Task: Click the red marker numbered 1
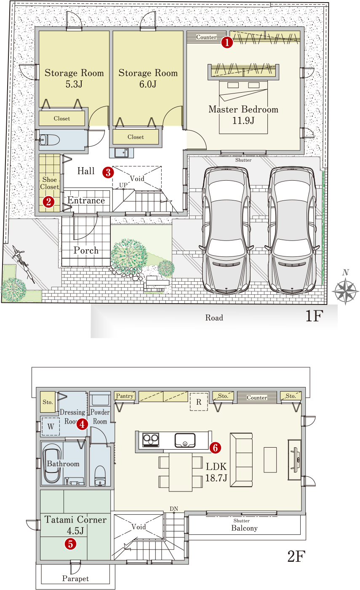click(227, 42)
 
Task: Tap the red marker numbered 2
click(48, 202)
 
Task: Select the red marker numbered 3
click(108, 173)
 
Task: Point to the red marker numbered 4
click(82, 424)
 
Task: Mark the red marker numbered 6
click(216, 448)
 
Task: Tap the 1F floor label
click(314, 315)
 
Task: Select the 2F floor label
click(296, 556)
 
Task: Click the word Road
click(214, 318)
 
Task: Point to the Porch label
click(86, 250)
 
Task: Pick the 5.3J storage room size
click(74, 84)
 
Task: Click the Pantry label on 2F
click(125, 396)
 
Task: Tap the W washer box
click(51, 427)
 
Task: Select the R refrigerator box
click(199, 402)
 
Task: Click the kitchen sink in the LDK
click(185, 440)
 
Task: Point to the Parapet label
click(75, 579)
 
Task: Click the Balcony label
click(244, 528)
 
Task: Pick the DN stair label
click(174, 509)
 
